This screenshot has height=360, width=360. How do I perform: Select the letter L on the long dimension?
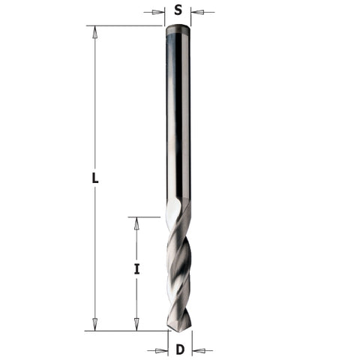tap(94, 178)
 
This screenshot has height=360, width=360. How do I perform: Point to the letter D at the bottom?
tap(179, 349)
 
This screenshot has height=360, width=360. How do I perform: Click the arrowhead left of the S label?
tap(159, 12)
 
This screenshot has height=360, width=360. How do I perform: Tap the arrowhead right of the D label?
tap(197, 350)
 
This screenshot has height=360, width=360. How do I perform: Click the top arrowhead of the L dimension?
tap(94, 31)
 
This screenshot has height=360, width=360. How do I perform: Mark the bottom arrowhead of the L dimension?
tap(94, 325)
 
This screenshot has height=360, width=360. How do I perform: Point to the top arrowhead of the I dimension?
tap(136, 222)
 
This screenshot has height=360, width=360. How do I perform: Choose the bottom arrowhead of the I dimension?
tap(136, 325)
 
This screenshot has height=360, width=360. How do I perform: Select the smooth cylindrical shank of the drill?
tap(178, 112)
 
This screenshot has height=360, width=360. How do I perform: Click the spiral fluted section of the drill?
tap(178, 270)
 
